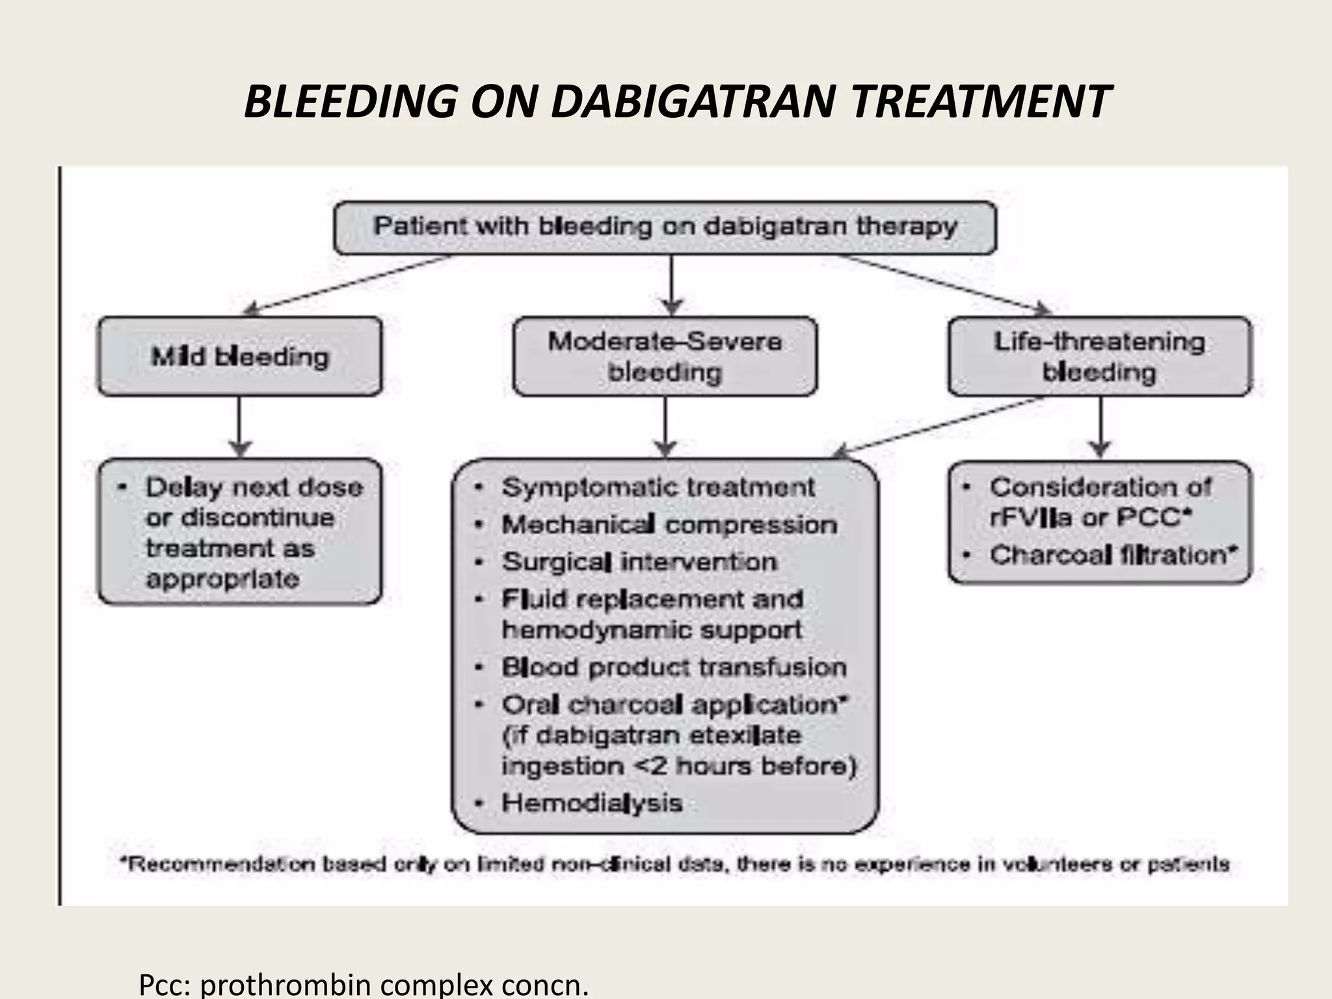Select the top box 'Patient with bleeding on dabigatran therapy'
665,227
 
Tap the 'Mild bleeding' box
240,356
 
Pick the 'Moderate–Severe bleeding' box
665,356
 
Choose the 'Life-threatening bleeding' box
1099,356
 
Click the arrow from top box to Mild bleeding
351,284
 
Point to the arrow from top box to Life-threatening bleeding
943,282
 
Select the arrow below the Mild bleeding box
240,427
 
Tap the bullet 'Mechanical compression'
669,525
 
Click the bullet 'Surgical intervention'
639,562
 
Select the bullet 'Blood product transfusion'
674,667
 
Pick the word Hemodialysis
592,803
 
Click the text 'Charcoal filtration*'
1113,555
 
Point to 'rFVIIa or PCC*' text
1090,518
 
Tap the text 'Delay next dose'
254,487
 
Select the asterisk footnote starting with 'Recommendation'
675,864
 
